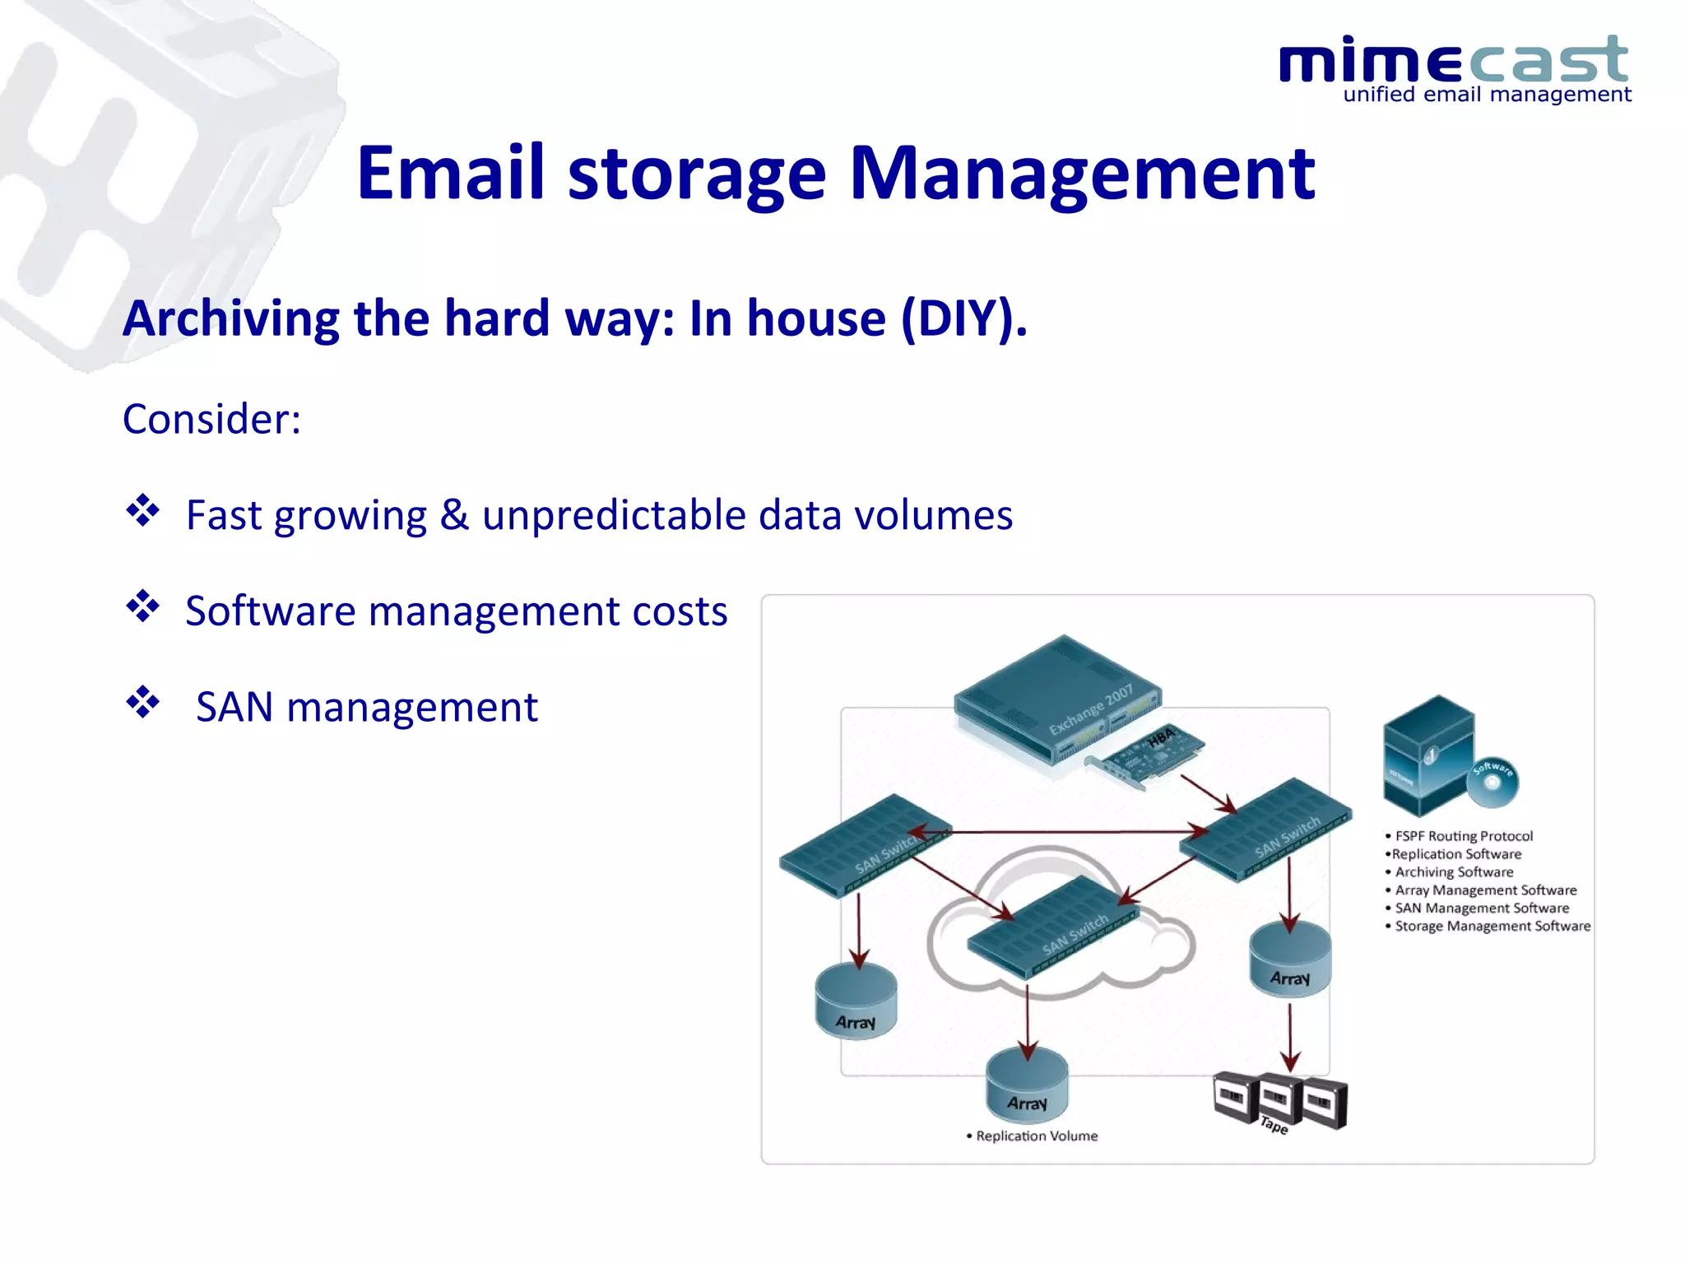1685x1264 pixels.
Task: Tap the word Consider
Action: pos(211,419)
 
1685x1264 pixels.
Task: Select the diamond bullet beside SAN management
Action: pos(142,703)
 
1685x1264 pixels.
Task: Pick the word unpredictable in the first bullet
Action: pos(613,515)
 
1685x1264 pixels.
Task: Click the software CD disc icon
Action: pos(1492,781)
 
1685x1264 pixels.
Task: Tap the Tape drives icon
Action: pos(1279,1101)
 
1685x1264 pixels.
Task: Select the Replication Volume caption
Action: pos(1036,1136)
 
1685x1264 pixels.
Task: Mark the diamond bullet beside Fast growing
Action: pos(142,511)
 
